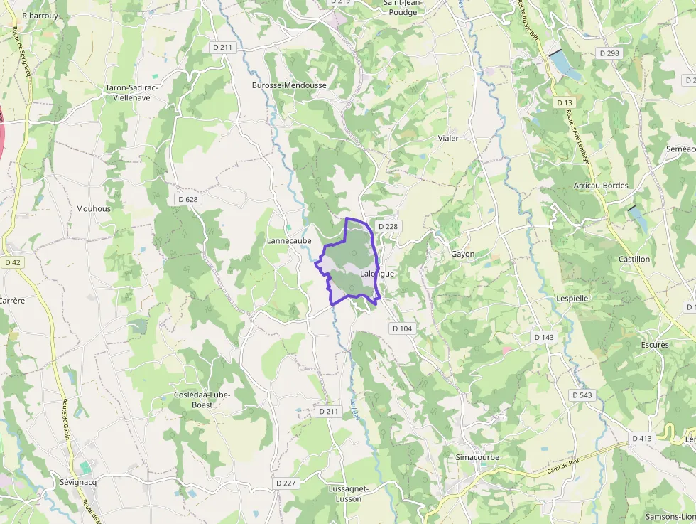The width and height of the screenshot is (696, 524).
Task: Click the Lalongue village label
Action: [376, 274]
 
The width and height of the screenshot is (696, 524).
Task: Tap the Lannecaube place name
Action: [289, 241]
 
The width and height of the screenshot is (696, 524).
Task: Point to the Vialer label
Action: [448, 138]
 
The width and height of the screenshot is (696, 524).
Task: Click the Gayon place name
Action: [462, 254]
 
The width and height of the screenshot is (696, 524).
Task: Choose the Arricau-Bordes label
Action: [600, 186]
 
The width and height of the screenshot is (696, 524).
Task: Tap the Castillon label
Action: [634, 260]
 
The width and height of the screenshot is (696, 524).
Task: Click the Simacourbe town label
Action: [477, 457]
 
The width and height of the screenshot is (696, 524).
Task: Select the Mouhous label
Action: [93, 209]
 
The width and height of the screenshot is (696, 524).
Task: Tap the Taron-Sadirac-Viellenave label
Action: [133, 92]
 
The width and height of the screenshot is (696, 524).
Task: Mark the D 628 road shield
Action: [187, 199]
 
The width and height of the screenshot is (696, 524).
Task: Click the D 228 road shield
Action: [388, 226]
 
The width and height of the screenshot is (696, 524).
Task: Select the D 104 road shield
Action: [401, 328]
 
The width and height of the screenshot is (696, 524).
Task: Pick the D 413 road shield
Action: [641, 438]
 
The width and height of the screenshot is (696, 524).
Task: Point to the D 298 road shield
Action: [609, 53]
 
